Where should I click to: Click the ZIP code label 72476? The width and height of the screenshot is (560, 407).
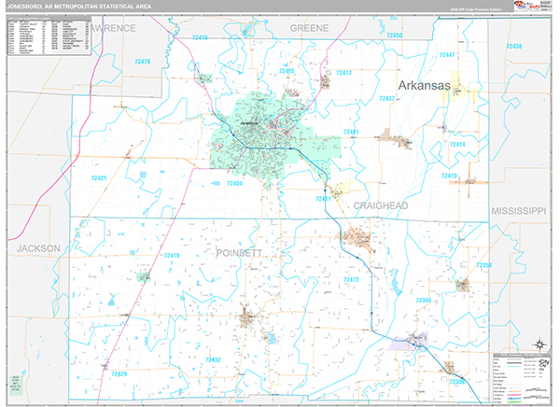pyautogui.click(x=142, y=62)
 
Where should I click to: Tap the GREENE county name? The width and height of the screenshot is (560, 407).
pyautogui.click(x=309, y=29)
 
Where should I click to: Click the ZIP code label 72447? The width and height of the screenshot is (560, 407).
pyautogui.click(x=445, y=55)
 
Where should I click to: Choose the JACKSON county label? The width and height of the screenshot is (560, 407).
pyautogui.click(x=37, y=248)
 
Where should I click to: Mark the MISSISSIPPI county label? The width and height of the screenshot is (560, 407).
pyautogui.click(x=518, y=212)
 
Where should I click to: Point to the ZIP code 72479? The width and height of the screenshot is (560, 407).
pyautogui.click(x=171, y=256)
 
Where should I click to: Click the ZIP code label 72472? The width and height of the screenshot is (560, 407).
pyautogui.click(x=350, y=280)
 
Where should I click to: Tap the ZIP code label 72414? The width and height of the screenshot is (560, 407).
pyautogui.click(x=457, y=146)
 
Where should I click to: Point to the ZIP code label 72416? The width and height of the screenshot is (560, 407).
pyautogui.click(x=200, y=37)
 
